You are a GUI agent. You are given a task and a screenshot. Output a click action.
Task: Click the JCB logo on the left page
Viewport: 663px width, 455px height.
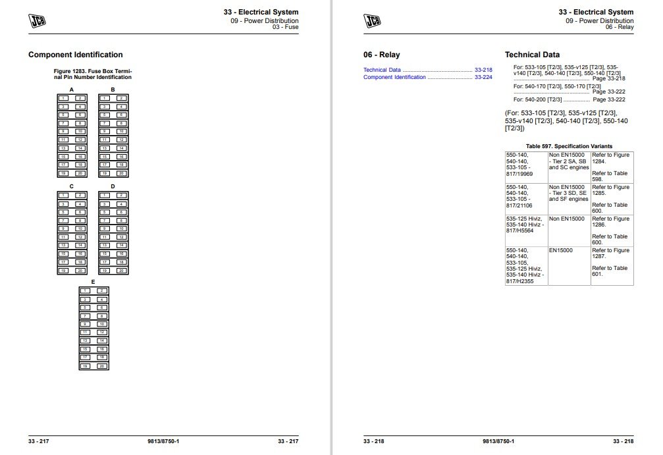pos(37,21)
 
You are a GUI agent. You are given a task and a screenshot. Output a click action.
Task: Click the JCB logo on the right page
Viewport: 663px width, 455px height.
pos(372,21)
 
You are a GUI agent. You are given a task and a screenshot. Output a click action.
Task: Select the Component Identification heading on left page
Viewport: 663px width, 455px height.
pos(76,55)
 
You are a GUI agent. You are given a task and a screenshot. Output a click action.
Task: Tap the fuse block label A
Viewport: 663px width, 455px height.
pos(71,90)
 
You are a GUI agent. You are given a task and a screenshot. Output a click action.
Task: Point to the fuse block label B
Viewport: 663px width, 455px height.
pos(113,90)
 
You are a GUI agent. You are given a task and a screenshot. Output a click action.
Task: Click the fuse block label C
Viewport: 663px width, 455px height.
pos(71,186)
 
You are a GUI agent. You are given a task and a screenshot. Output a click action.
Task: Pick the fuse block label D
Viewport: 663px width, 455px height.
pos(113,186)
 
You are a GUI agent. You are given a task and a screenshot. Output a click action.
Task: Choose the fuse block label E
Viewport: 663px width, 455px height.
pos(93,282)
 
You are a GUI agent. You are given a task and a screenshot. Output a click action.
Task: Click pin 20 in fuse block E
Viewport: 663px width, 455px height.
pos(102,365)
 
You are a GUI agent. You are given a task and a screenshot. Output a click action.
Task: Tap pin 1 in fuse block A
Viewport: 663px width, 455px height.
pos(63,98)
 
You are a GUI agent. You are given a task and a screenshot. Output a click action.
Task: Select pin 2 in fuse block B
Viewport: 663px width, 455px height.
pos(121,98)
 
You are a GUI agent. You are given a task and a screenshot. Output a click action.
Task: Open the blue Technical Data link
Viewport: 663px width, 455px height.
pos(382,70)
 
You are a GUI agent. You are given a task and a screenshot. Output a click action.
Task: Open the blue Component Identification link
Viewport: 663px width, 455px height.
pos(394,77)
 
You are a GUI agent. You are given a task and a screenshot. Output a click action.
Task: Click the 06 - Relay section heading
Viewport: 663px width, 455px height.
pos(381,55)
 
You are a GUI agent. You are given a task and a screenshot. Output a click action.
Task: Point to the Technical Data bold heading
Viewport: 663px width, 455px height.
pos(532,55)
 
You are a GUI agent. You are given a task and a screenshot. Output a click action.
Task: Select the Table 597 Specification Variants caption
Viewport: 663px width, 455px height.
pos(569,146)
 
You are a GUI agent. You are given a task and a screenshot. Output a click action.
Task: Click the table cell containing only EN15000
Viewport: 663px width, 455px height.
pos(569,251)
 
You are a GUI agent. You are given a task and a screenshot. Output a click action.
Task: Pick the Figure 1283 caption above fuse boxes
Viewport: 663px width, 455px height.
pos(92,74)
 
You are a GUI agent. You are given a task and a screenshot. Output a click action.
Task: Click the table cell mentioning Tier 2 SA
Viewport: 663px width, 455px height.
pos(569,161)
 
